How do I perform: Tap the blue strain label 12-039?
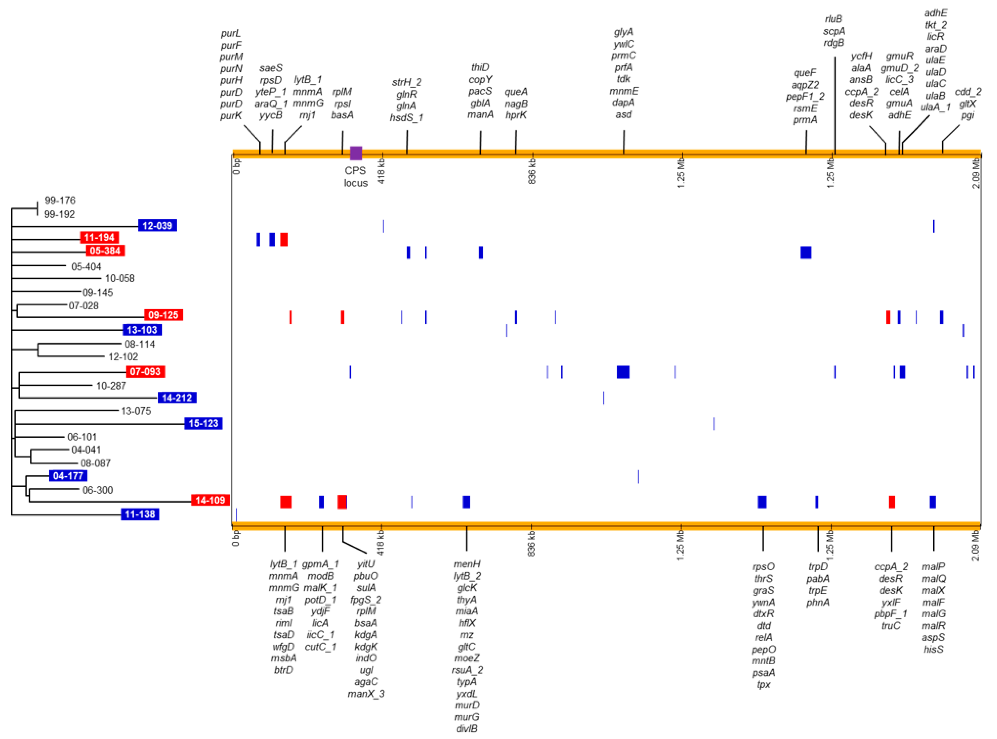[x=157, y=225]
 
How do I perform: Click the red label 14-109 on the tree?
[x=210, y=500]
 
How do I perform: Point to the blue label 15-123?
[x=203, y=423]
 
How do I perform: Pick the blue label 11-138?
[x=140, y=514]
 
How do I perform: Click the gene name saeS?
[x=271, y=68]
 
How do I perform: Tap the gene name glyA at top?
[x=623, y=32]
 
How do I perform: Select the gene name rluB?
[x=834, y=19]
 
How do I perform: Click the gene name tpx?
[x=764, y=684]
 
